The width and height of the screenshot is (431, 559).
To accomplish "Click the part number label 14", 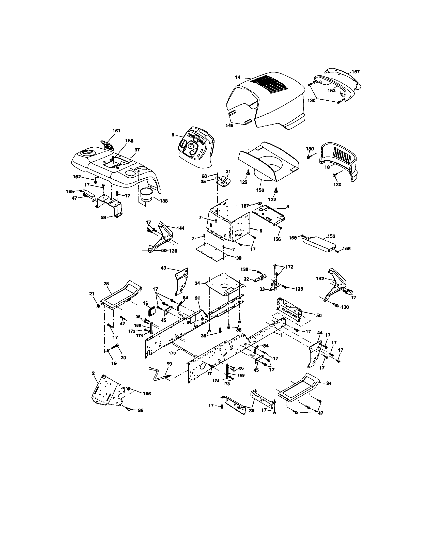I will click(x=238, y=77).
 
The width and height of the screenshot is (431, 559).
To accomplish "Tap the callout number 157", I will click(x=356, y=72).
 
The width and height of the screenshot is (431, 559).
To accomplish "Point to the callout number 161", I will click(x=116, y=131).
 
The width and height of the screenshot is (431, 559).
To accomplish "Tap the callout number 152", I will click(x=331, y=236).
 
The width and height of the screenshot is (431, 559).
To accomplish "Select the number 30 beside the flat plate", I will click(x=239, y=258).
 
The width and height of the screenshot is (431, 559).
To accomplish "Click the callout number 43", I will click(x=163, y=268).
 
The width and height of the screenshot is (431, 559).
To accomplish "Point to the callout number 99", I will click(x=169, y=364).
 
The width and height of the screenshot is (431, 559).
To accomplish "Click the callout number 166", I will click(x=147, y=394).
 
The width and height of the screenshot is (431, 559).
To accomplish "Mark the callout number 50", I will click(x=319, y=316).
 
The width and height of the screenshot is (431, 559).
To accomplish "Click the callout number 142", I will click(x=320, y=279).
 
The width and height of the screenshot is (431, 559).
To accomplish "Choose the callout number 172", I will click(x=289, y=267).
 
